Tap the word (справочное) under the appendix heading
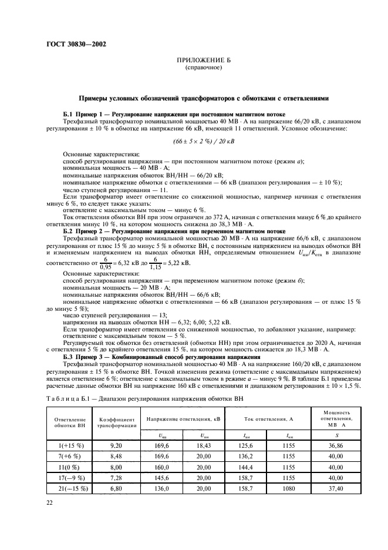point(194,68)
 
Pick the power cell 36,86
point(336,446)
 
